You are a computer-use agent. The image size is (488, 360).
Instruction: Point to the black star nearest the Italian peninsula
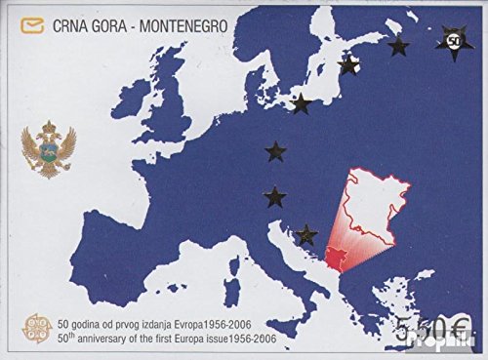tap(308, 233)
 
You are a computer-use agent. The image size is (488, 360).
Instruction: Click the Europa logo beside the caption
tap(40, 329)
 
